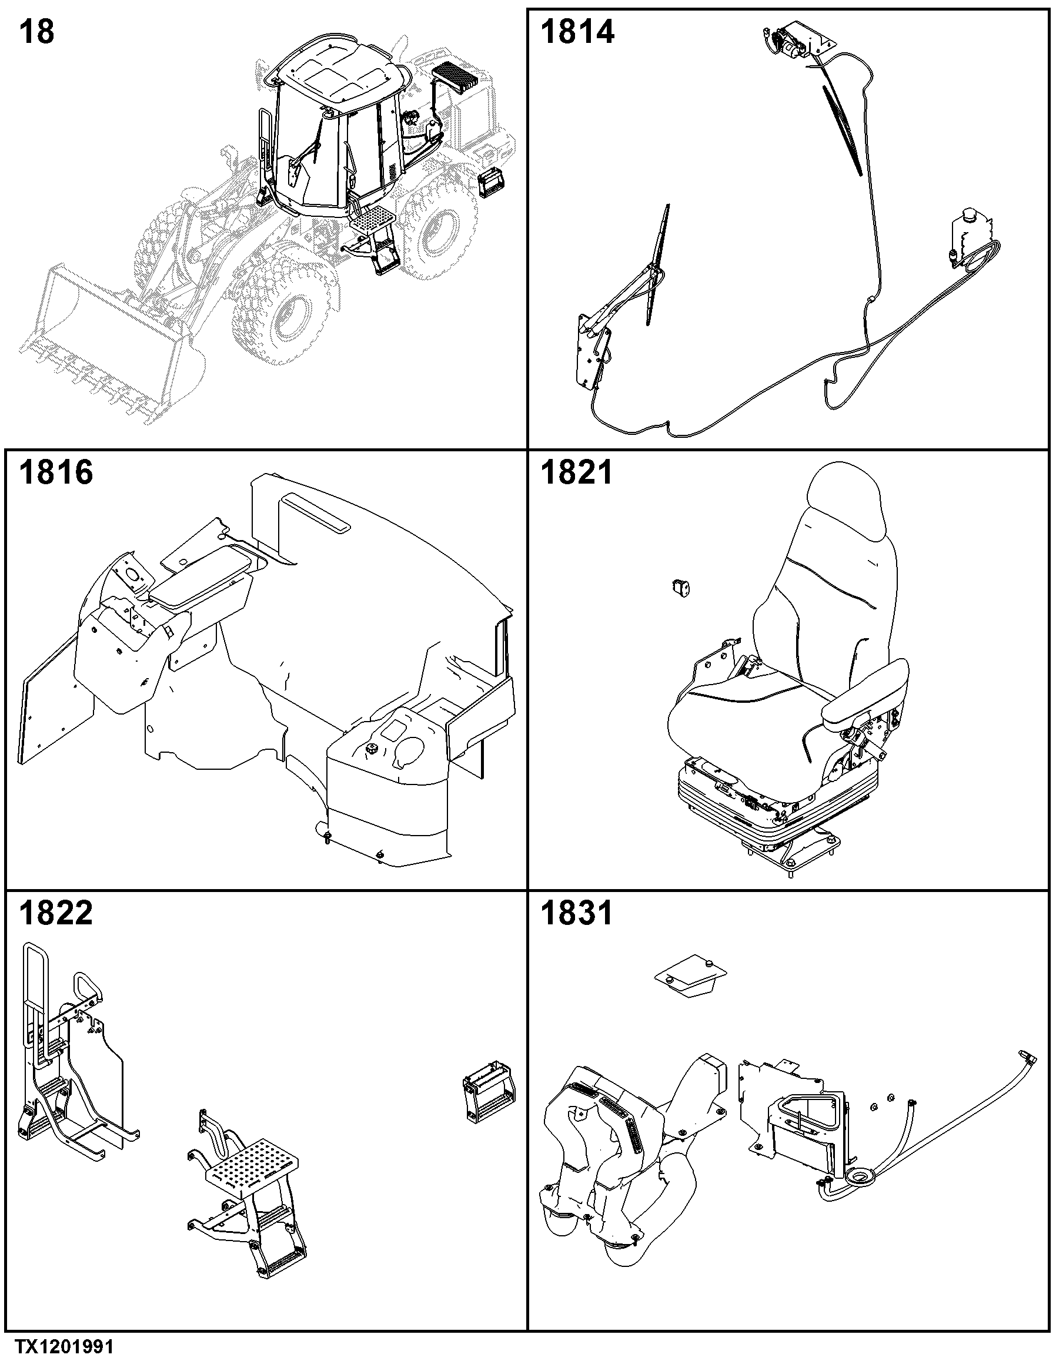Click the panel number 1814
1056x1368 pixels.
577,32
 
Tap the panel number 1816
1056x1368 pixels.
56,472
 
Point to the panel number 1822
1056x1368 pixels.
56,913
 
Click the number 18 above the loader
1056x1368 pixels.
37,32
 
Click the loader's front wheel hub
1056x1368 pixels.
293,317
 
